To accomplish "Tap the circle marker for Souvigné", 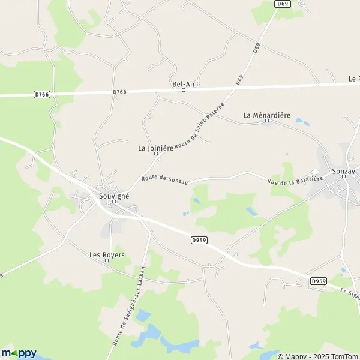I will tap(113, 202).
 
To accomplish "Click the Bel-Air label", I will tap(184, 83).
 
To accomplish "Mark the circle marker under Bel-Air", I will tap(184, 90).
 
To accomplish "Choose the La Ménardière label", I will tap(267, 114).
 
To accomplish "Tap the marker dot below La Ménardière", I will tap(267, 121).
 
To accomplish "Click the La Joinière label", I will tap(155, 147).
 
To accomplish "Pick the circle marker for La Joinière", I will tap(156, 154).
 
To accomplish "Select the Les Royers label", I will tap(107, 254).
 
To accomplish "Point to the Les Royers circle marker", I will tap(107, 261).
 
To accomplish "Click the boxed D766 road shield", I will tap(41, 94).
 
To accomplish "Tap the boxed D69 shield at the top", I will tap(283, 4).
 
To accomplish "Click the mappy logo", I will tap(19, 352).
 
